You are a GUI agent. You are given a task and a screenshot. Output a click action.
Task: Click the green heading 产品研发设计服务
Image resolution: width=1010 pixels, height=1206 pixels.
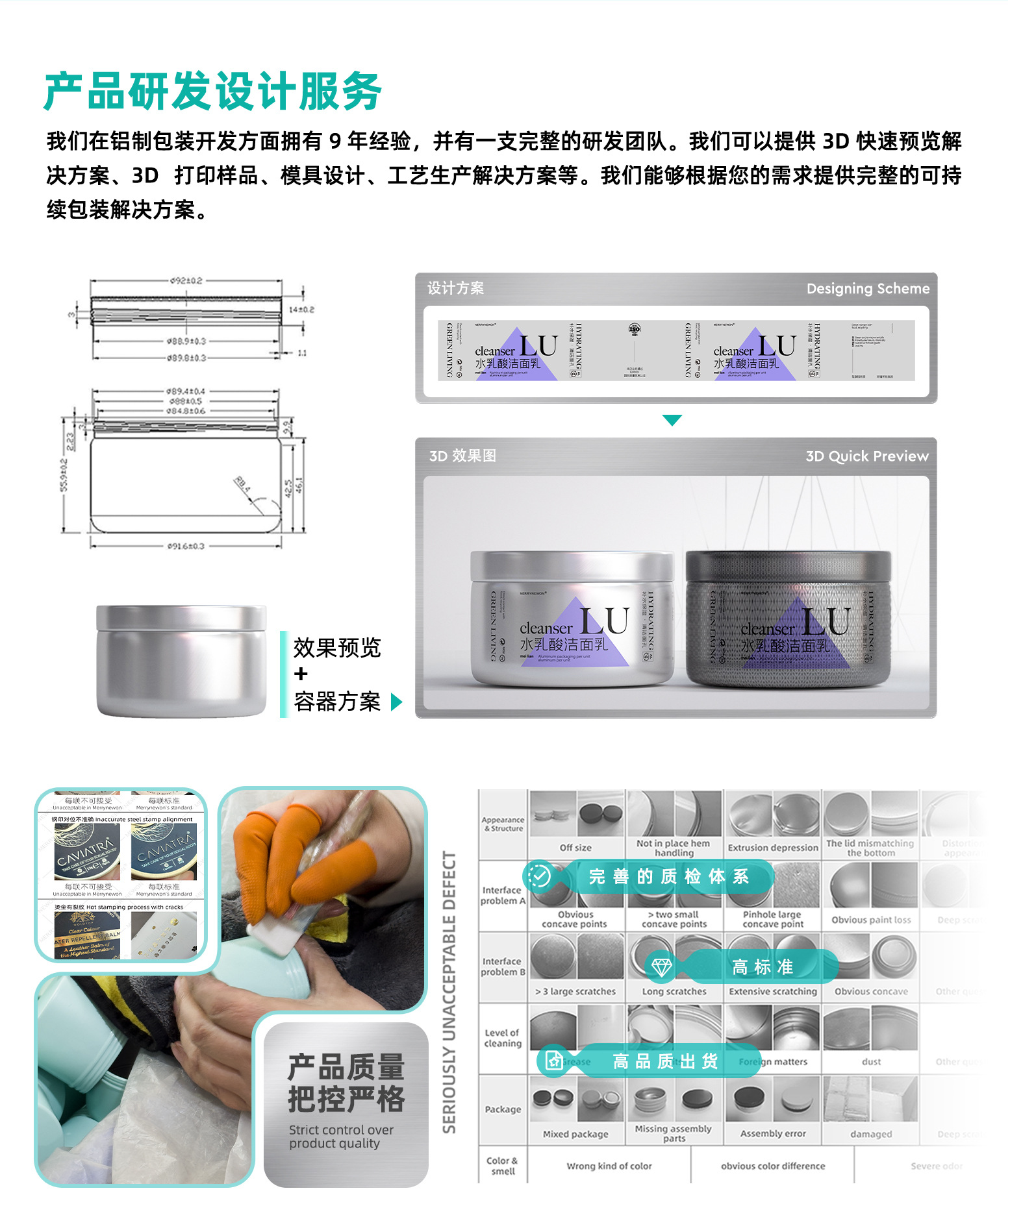213,92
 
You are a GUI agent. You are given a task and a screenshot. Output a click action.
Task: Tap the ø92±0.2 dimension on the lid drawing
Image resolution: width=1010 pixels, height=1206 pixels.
186,281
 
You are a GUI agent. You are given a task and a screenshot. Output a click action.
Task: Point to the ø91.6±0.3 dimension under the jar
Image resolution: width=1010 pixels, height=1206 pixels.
186,547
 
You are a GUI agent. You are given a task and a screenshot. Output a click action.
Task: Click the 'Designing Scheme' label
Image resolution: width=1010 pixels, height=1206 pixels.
867,289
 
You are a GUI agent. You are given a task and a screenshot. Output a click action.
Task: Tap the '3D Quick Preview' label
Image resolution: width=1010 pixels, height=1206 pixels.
866,456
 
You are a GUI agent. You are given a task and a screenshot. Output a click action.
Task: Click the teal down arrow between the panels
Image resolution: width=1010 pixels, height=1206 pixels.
672,420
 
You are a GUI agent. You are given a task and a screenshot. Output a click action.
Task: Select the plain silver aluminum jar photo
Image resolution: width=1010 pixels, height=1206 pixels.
181,660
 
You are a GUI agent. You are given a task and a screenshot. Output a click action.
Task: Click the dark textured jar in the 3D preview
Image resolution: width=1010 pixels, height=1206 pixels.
789,620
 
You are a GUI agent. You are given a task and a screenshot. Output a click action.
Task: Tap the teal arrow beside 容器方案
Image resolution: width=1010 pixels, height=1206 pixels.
396,702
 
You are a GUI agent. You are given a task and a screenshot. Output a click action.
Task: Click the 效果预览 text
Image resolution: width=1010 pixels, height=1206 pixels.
336,648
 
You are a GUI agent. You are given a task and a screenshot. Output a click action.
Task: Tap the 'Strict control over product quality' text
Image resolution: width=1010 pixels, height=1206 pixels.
341,1137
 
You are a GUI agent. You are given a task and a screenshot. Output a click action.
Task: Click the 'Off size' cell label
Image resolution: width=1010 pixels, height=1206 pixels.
575,848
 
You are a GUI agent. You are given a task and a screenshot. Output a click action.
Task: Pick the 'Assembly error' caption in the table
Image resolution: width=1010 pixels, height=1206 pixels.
773,1134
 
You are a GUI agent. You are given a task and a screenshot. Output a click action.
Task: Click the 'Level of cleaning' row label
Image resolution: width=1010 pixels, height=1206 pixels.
503,1038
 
